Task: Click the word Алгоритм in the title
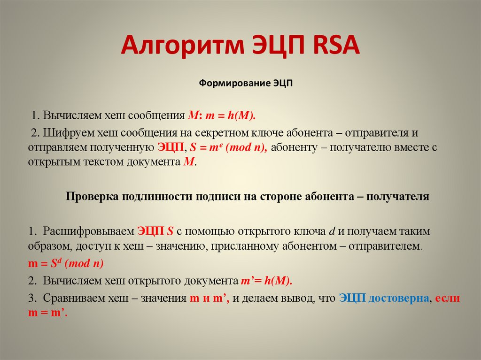(x=180, y=47)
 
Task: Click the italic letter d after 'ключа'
(x=331, y=231)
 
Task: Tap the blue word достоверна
(x=399, y=299)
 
